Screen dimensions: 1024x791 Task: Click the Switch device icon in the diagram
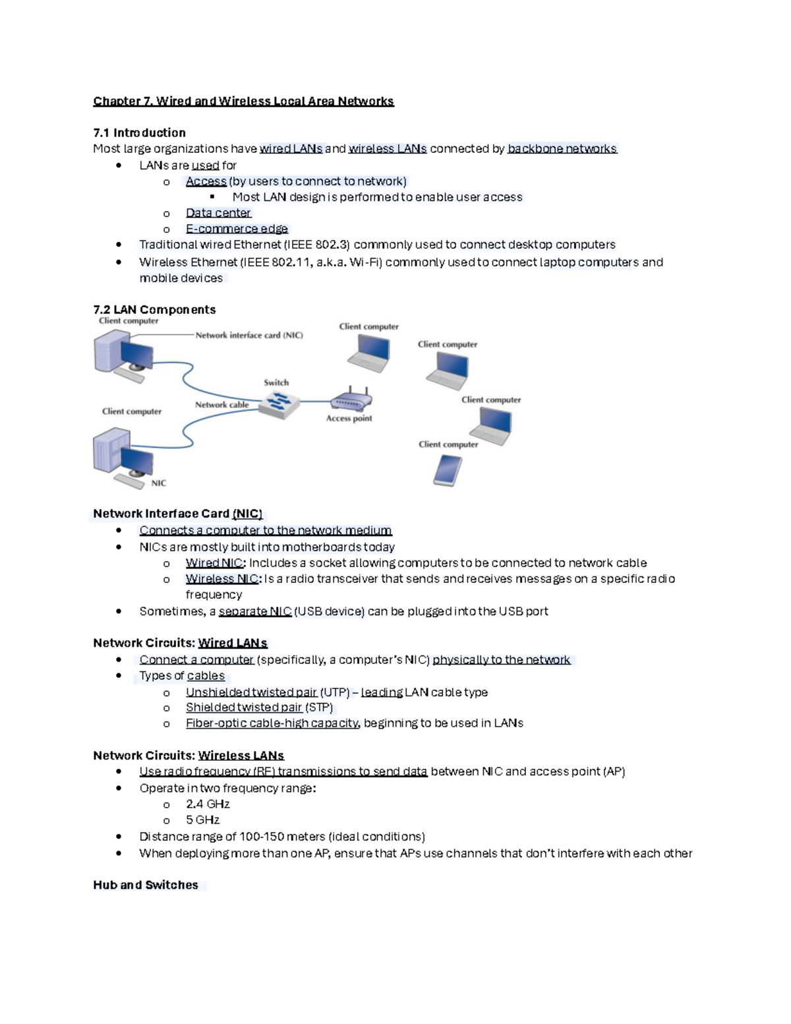(x=278, y=404)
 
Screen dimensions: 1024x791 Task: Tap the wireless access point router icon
(x=351, y=400)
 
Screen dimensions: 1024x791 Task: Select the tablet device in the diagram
(x=448, y=471)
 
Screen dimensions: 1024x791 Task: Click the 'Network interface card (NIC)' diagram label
(x=249, y=335)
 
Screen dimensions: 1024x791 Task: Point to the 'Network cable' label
(x=221, y=405)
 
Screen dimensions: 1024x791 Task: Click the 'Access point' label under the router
(x=349, y=418)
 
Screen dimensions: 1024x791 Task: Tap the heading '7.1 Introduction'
(x=139, y=133)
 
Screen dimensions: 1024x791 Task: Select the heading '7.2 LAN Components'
(x=154, y=309)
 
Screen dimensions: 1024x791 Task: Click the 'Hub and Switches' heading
(x=146, y=885)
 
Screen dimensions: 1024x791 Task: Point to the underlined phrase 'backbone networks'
(x=562, y=149)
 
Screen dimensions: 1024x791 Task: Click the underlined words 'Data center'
(x=218, y=213)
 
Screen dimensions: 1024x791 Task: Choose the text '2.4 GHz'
(x=208, y=804)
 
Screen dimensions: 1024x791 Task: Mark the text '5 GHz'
(x=202, y=820)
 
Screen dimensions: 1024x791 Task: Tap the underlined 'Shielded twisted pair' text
(x=244, y=708)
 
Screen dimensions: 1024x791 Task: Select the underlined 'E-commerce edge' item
(x=237, y=229)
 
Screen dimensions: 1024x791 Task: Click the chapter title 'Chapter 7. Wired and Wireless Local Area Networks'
(x=243, y=101)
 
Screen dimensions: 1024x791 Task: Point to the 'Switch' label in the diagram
(x=276, y=382)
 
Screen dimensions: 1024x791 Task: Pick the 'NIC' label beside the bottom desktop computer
(x=158, y=483)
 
